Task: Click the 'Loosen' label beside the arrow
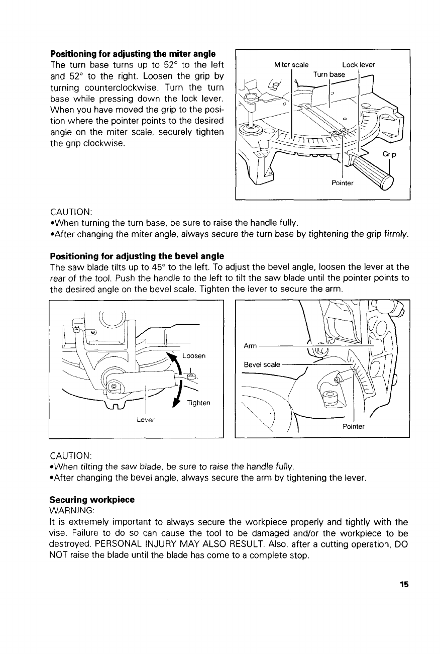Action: coord(193,355)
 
